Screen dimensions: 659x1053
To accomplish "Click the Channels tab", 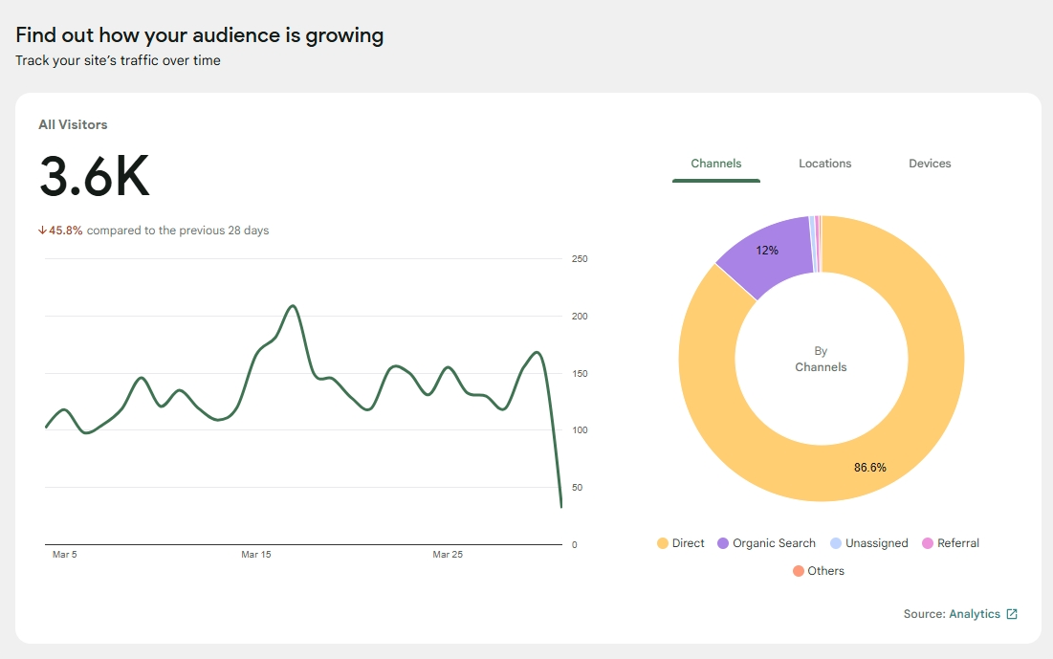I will (x=715, y=164).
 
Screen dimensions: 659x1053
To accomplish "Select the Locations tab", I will (x=824, y=164).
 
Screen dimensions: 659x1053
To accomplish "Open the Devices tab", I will (x=930, y=164).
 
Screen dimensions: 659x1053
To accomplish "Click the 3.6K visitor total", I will (x=94, y=177).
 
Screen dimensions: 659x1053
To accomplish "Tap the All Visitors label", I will (x=73, y=124).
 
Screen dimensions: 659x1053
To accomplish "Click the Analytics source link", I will (x=975, y=614).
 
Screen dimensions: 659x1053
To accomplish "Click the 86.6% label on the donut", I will (x=869, y=468).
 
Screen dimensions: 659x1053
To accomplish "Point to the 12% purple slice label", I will (x=767, y=251).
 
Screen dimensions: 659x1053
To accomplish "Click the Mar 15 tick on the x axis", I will (x=256, y=555).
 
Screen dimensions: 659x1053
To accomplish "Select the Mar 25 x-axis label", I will (x=448, y=555).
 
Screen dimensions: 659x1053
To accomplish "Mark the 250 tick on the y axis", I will (x=580, y=259).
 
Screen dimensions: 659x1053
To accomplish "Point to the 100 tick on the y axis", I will (x=580, y=430).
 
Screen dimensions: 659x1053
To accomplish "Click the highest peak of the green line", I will (x=293, y=306).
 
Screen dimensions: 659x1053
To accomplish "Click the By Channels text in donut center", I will (x=821, y=359).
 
